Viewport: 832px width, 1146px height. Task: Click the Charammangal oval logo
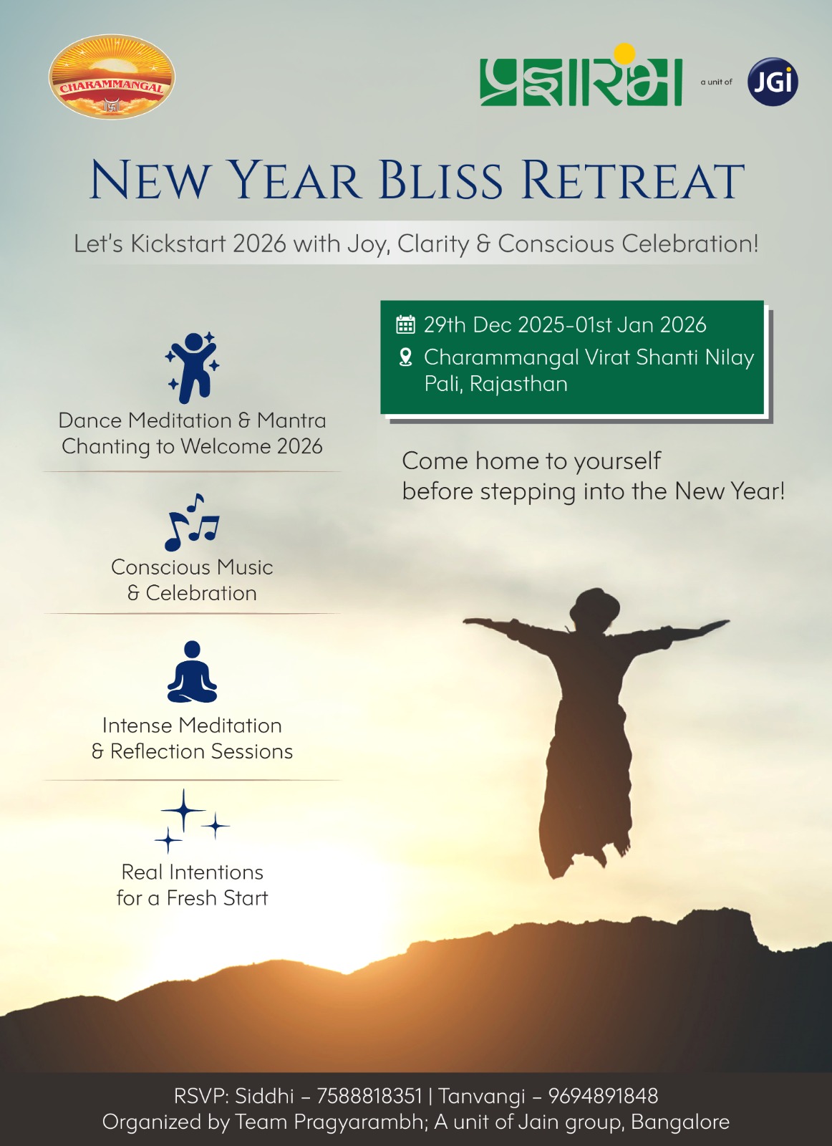[112, 77]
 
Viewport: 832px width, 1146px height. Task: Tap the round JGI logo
[773, 82]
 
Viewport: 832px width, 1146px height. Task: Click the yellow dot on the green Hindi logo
[624, 53]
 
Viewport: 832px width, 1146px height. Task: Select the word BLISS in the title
[440, 180]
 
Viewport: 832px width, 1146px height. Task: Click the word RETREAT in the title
[632, 180]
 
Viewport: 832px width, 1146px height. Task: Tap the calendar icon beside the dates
[405, 324]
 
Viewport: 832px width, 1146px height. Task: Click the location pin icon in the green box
[405, 357]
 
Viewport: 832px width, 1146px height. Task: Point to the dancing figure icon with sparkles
[192, 367]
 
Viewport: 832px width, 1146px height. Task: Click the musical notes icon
[192, 522]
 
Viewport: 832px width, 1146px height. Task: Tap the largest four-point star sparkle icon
[183, 810]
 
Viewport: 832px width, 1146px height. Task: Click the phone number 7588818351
[369, 1096]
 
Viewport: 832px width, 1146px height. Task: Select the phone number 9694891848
[602, 1096]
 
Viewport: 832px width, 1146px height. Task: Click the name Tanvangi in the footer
[482, 1096]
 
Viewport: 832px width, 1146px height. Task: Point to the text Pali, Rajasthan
[495, 384]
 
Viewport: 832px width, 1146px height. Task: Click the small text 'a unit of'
[716, 82]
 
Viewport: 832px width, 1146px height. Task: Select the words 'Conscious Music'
[192, 567]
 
